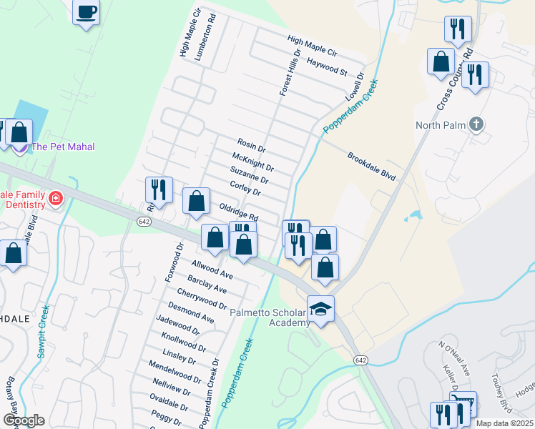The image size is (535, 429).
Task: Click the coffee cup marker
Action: pos(86,12)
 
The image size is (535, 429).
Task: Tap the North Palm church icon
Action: pos(476,125)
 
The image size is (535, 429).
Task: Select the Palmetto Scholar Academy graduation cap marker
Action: pos(320,309)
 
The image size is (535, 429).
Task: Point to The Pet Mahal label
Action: pos(64,147)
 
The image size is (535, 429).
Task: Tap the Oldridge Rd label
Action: pos(238,211)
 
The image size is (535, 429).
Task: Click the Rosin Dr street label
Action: pos(251,146)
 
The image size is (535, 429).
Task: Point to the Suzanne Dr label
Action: pos(249,174)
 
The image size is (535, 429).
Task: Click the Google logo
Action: pos(24,420)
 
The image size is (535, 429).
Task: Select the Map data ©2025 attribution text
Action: pos(505,423)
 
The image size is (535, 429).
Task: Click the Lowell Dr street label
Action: pos(355,86)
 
